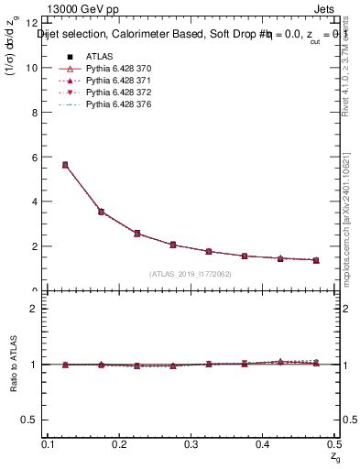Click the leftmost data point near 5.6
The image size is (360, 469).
pos(65,165)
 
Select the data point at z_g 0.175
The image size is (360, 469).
pos(101,212)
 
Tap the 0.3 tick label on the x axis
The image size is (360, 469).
pos(191,444)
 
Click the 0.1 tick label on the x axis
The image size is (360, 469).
pos(49,444)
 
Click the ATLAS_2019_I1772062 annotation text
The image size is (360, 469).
pos(191,274)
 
